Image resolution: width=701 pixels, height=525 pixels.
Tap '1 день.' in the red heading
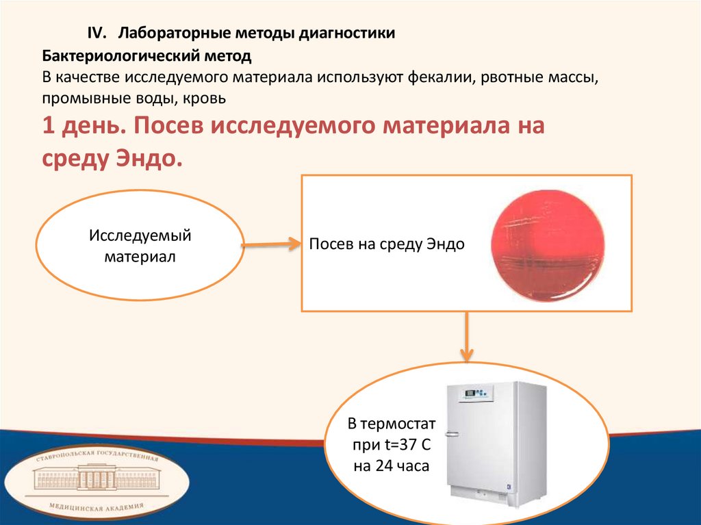point(81,127)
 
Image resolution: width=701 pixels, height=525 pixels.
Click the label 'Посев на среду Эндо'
point(387,244)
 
